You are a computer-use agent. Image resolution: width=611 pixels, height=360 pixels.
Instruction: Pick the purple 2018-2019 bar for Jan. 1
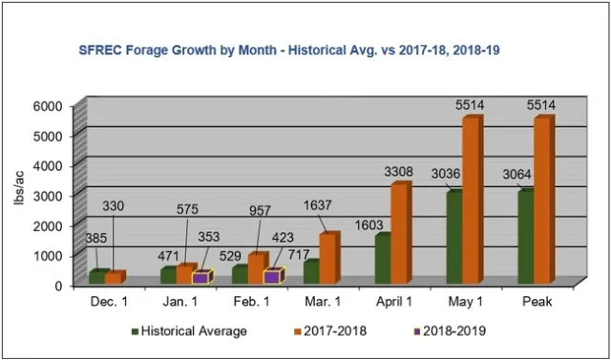click(200, 277)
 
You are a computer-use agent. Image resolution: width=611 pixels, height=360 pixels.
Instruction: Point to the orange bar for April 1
click(400, 232)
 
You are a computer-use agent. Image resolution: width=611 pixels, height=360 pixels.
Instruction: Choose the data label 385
click(100, 238)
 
